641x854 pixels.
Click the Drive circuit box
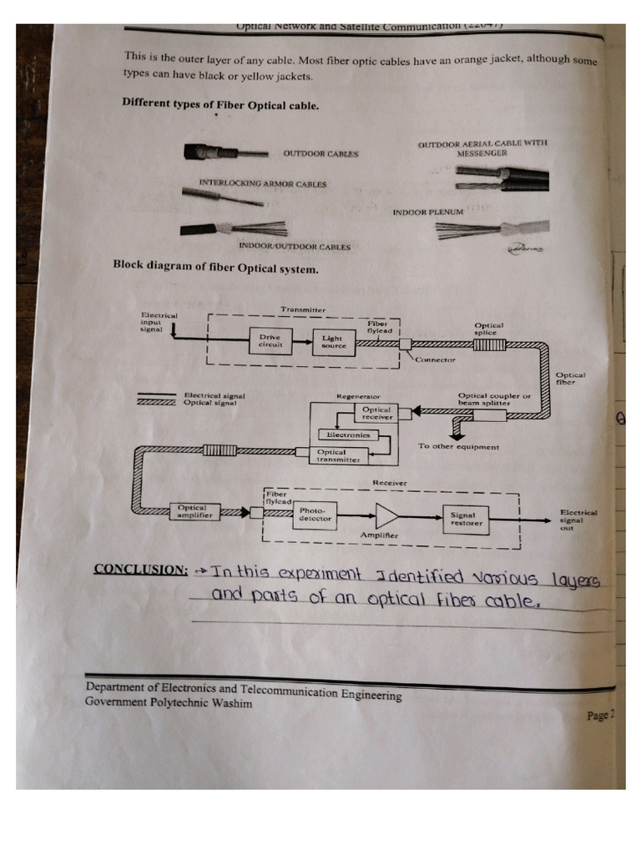pyautogui.click(x=270, y=341)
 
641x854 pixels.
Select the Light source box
pyautogui.click(x=333, y=341)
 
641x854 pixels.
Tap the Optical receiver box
pyautogui.click(x=376, y=413)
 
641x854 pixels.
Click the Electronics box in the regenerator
pyautogui.click(x=348, y=435)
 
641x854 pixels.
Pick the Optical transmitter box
pyautogui.click(x=338, y=455)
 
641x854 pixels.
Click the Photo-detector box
pyautogui.click(x=315, y=515)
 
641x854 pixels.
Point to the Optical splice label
pyautogui.click(x=489, y=329)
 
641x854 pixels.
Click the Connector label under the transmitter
pyautogui.click(x=436, y=359)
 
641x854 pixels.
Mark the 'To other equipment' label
pyautogui.click(x=458, y=446)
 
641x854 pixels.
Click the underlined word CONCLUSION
pyautogui.click(x=140, y=570)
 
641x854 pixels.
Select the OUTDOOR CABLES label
pyautogui.click(x=321, y=153)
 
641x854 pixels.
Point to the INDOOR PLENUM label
pyautogui.click(x=427, y=213)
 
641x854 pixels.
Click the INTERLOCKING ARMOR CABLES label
pyautogui.click(x=263, y=183)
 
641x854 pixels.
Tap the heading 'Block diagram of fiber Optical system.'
pyautogui.click(x=215, y=269)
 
